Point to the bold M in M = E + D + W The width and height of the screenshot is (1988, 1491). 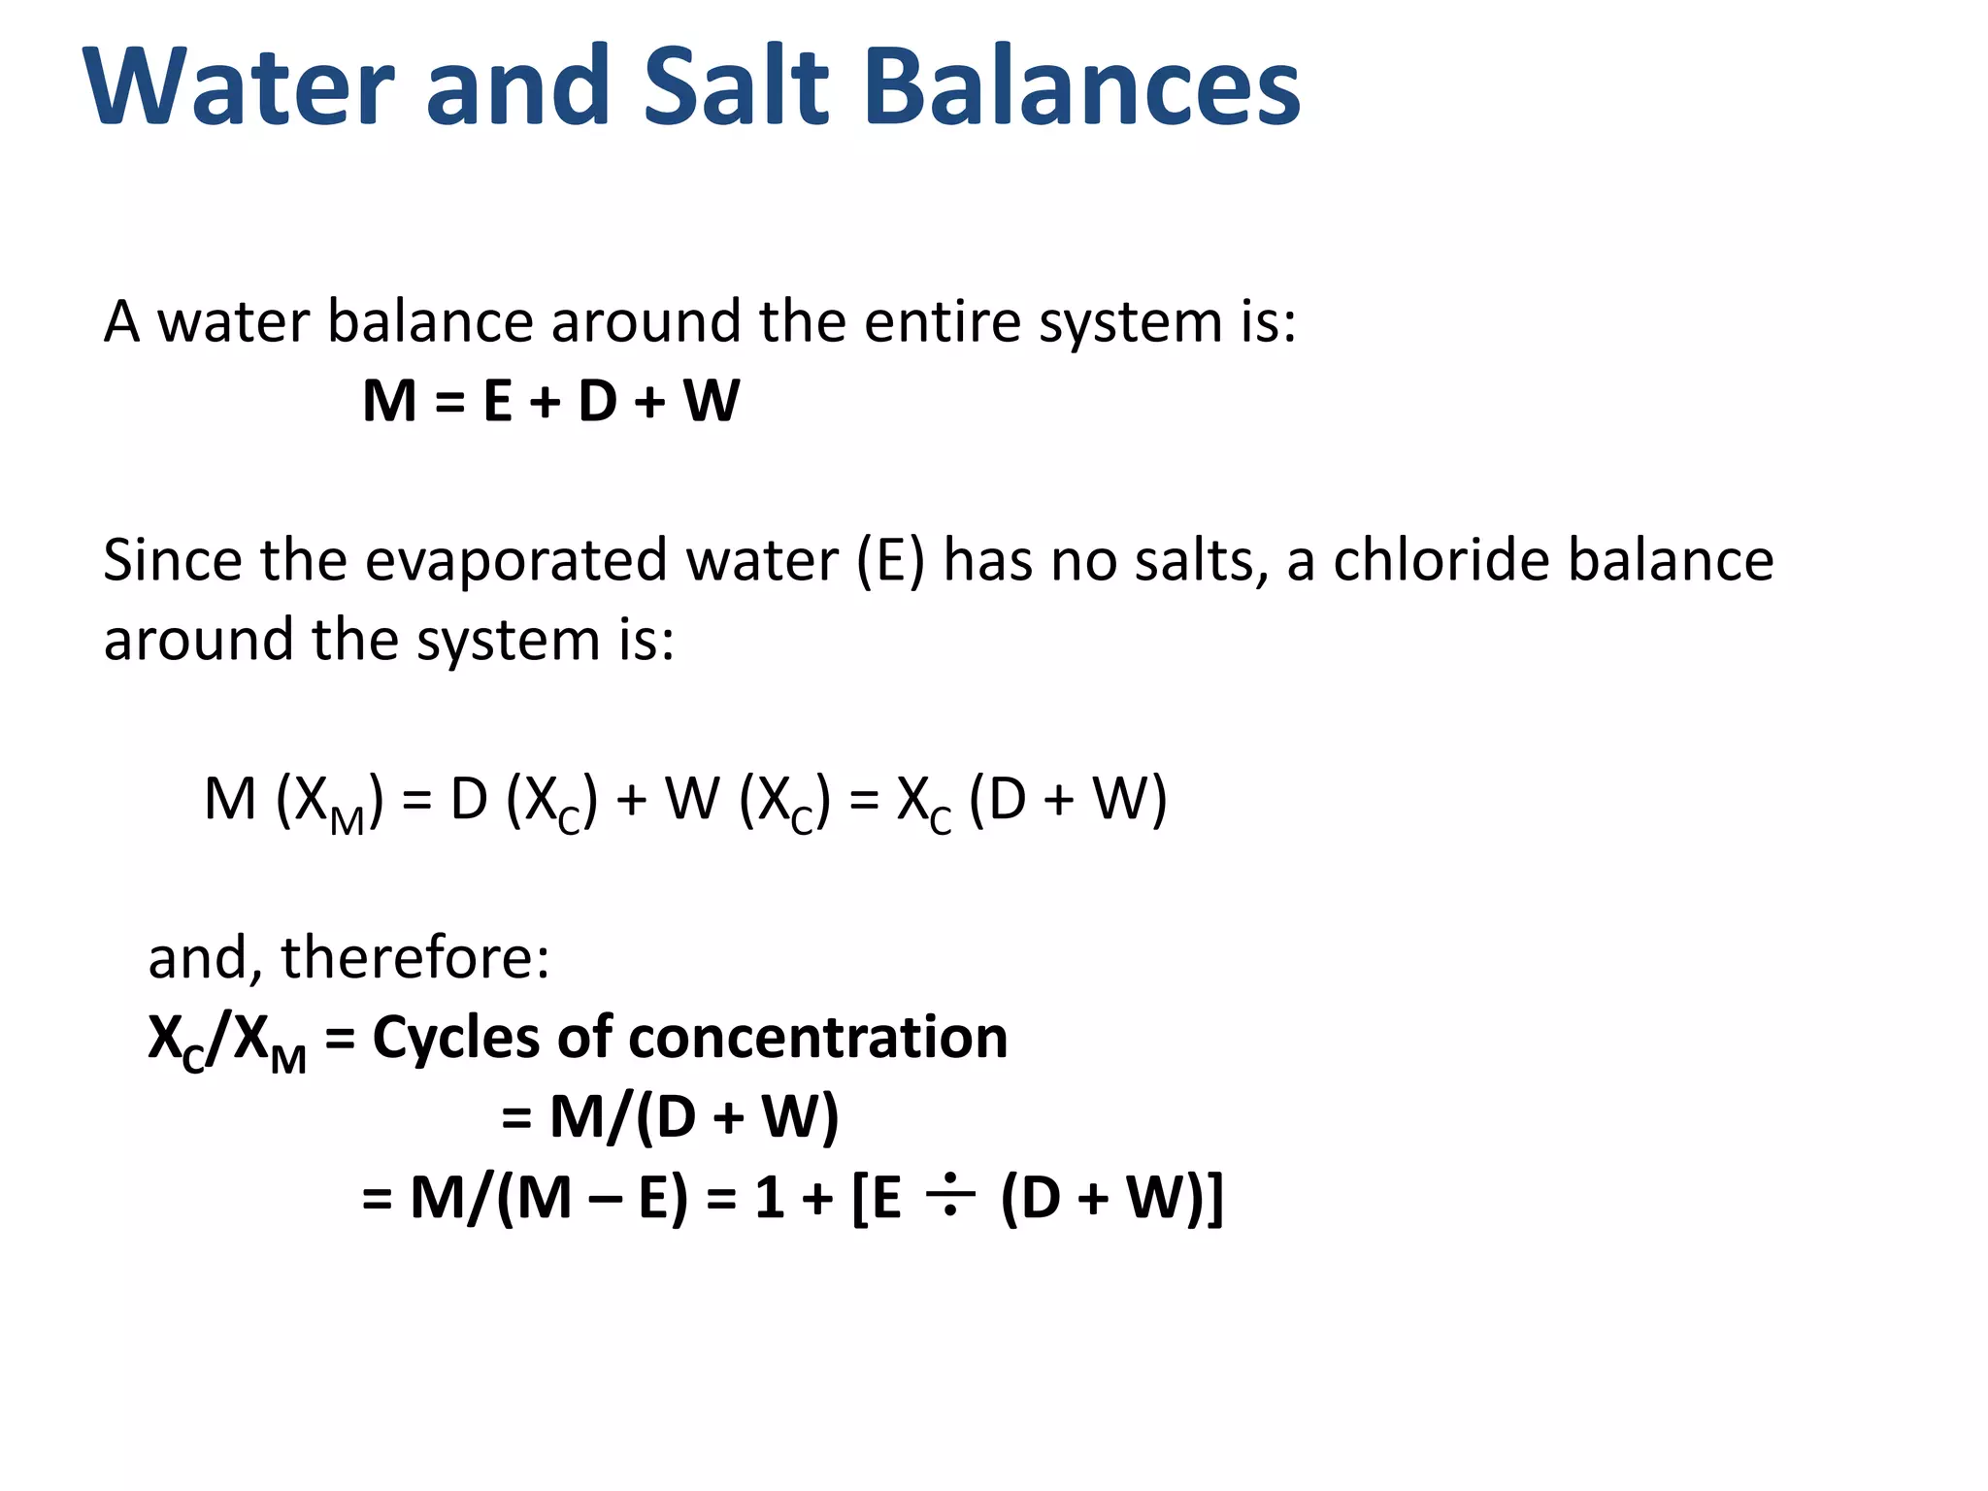389,401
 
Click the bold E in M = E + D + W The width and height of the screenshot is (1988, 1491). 497,401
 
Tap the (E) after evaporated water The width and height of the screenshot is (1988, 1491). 890,561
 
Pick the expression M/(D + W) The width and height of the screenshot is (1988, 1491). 693,1116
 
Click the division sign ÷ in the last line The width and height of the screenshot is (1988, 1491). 949,1196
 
